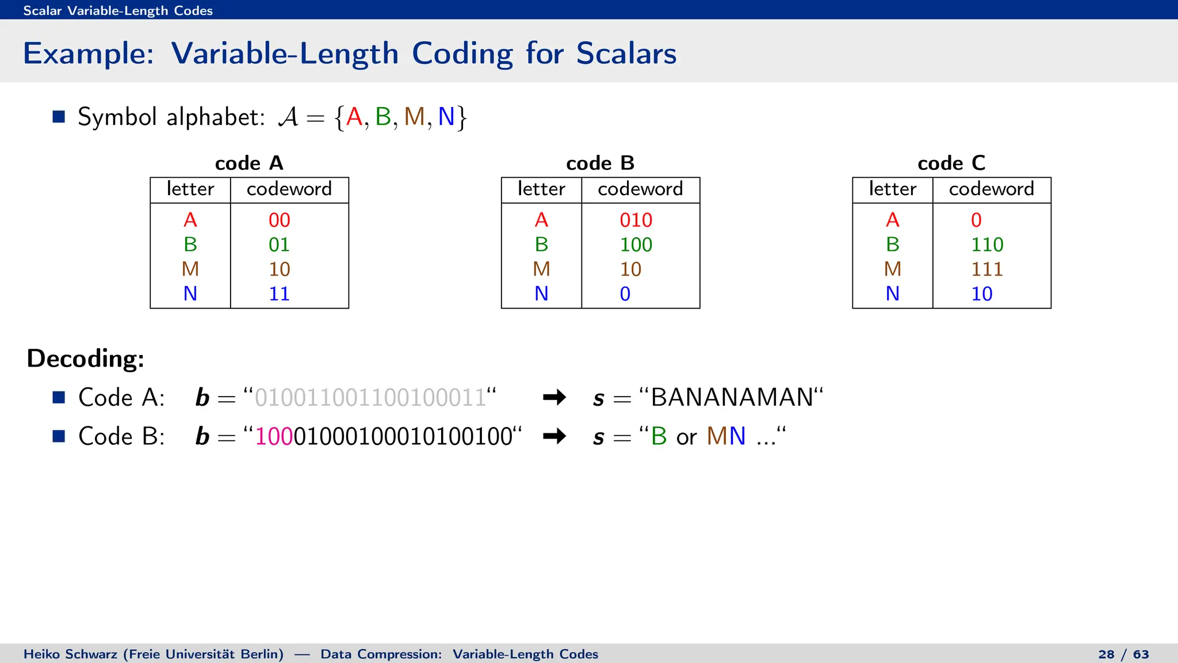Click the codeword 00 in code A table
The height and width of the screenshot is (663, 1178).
[x=279, y=220]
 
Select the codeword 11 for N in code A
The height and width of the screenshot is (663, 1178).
[x=279, y=294]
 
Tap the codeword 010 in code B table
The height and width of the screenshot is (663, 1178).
[x=636, y=220]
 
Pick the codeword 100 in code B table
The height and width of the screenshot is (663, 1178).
[x=636, y=245]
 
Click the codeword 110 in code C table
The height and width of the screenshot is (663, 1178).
[x=987, y=245]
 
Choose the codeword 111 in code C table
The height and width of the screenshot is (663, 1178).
[x=987, y=269]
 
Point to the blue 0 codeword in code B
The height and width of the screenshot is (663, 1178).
[x=625, y=294]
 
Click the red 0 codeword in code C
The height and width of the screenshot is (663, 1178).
[x=976, y=220]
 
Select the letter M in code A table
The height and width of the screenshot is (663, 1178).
[x=190, y=269]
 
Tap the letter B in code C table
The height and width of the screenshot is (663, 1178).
[x=892, y=245]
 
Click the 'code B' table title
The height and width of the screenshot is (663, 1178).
[x=600, y=163]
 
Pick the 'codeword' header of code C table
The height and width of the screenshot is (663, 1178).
[x=991, y=189]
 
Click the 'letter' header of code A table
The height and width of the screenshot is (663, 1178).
[x=190, y=189]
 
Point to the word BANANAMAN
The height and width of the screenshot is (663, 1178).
[x=732, y=398]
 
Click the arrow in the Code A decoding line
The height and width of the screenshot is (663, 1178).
[x=554, y=398]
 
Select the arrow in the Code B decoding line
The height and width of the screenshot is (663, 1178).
[x=554, y=436]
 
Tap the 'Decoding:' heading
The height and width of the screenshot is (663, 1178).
[x=86, y=359]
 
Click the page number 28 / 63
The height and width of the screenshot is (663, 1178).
[x=1123, y=654]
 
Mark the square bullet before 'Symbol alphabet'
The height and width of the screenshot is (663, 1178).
[x=59, y=117]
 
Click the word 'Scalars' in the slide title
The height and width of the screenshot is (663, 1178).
[x=626, y=54]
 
